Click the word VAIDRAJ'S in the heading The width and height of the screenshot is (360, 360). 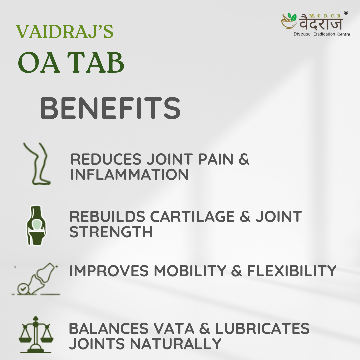pyautogui.click(x=65, y=31)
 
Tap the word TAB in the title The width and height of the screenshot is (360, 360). pyautogui.click(x=96, y=62)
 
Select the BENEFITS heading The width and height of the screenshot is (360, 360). pyautogui.click(x=110, y=108)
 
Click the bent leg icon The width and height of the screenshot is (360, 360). pyautogui.click(x=37, y=163)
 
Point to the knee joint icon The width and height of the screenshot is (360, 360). pyautogui.click(x=36, y=225)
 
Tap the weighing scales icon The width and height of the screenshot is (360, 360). pyautogui.click(x=36, y=334)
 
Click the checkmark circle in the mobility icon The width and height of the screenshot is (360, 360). pyautogui.click(x=23, y=289)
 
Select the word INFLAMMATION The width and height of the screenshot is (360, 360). pyautogui.click(x=129, y=174)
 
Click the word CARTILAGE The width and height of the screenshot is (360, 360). pyautogui.click(x=192, y=217)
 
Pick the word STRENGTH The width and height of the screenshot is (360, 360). pyautogui.click(x=111, y=232)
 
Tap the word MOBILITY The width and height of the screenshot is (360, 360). pyautogui.click(x=190, y=271)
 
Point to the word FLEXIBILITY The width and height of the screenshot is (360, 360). pyautogui.click(x=292, y=271)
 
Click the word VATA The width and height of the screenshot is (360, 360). pyautogui.click(x=174, y=328)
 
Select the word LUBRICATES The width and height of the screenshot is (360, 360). pyautogui.click(x=262, y=328)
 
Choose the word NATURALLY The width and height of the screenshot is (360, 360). pyautogui.click(x=176, y=344)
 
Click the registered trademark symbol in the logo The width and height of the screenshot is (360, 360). pyautogui.click(x=346, y=13)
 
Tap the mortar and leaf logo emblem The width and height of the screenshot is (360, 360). pyautogui.click(x=289, y=21)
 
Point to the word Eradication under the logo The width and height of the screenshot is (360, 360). pyautogui.click(x=324, y=34)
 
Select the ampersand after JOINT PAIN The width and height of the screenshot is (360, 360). pyautogui.click(x=244, y=159)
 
